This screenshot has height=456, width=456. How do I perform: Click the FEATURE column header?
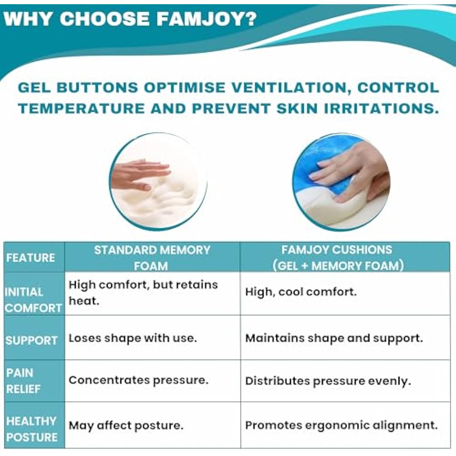31,257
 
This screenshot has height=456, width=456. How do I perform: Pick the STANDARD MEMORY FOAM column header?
152,257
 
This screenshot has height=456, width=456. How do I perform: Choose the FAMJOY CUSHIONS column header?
337,257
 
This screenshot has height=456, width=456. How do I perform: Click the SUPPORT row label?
32,340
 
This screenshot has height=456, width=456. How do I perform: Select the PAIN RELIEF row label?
23,381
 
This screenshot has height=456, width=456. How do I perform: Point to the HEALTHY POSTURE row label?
32,429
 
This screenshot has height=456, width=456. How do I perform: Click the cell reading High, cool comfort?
301,292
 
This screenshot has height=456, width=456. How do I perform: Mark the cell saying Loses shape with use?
133,338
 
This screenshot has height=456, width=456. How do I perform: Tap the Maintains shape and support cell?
334,338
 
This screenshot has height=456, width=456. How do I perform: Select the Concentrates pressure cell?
138,380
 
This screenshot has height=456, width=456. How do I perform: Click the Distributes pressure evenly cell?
328,381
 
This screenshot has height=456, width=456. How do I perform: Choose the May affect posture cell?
126,426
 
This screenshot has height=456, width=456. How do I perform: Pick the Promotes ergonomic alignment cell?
341,425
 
